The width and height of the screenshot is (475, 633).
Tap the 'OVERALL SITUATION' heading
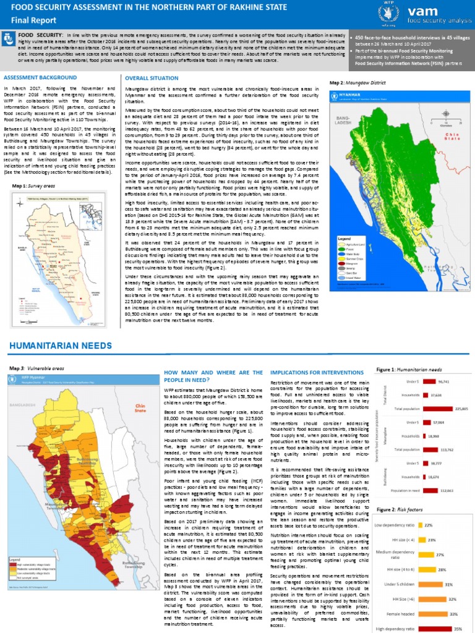tap(150, 79)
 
